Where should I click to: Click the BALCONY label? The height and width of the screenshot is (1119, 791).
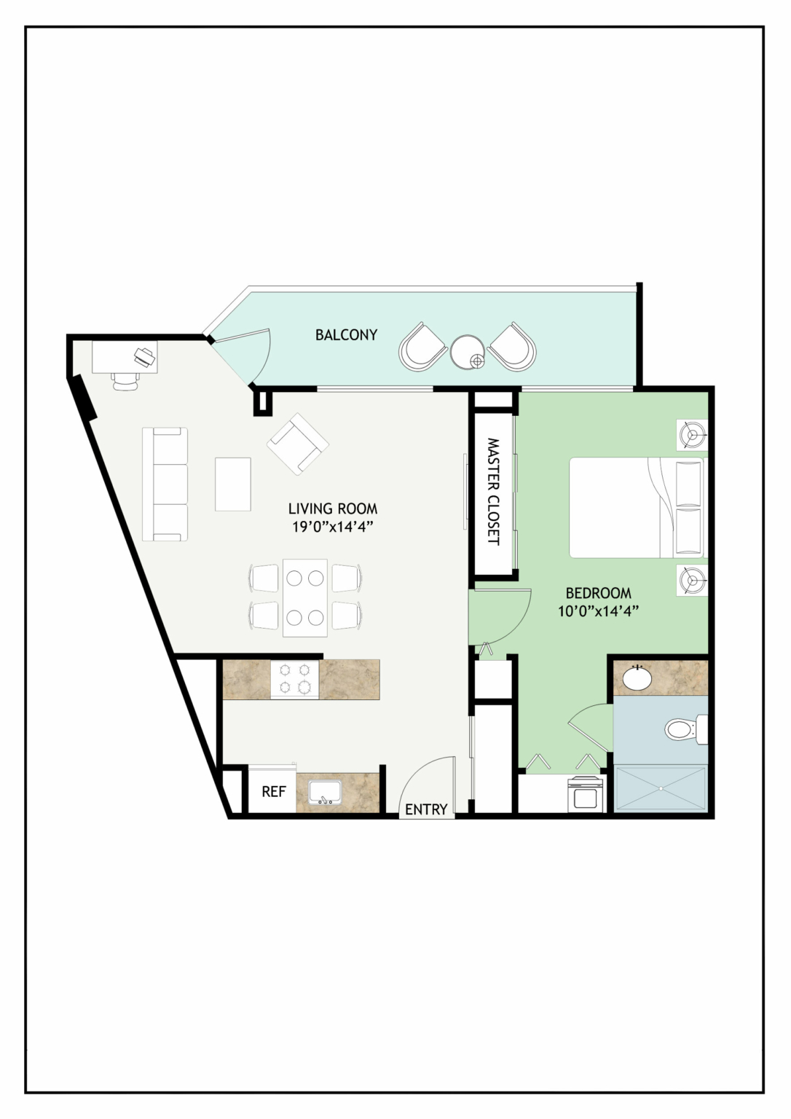click(346, 334)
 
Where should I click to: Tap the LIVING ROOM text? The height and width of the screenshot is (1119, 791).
click(333, 509)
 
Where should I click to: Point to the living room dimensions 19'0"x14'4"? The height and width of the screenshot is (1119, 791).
click(333, 527)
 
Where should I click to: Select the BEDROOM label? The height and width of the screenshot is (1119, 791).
click(598, 593)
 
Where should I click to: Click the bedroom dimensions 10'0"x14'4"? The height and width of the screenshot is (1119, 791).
click(599, 611)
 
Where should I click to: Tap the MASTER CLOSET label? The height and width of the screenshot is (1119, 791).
click(493, 492)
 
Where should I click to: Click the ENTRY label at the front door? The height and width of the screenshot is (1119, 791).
click(426, 809)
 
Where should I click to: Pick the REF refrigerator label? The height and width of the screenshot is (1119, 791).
click(274, 791)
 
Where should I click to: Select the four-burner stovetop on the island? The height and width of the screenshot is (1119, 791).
click(295, 680)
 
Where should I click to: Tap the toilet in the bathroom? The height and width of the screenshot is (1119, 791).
click(685, 729)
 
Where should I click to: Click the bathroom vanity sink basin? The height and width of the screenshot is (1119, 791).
click(637, 678)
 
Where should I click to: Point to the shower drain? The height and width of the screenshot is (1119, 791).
click(661, 788)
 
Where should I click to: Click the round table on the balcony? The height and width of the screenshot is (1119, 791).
click(468, 352)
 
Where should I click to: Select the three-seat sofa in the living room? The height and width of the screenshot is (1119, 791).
click(165, 484)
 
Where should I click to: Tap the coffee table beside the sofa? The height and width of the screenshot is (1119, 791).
click(232, 484)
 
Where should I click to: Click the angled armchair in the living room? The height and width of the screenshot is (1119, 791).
click(298, 444)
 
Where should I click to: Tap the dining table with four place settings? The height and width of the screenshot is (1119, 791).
click(305, 597)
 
